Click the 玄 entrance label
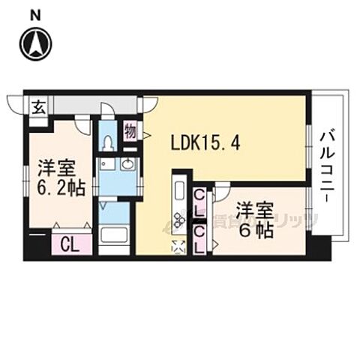pyautogui.click(x=37, y=106)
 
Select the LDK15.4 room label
pyautogui.click(x=205, y=142)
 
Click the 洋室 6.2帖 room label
pyautogui.click(x=56, y=175)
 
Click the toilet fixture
pyautogui.click(x=109, y=141)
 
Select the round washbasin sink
pyautogui.click(x=127, y=166)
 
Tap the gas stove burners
pyautogui.click(x=180, y=220)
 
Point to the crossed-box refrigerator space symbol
pyautogui.click(x=180, y=245)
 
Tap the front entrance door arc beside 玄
pyautogui.click(x=15, y=105)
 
